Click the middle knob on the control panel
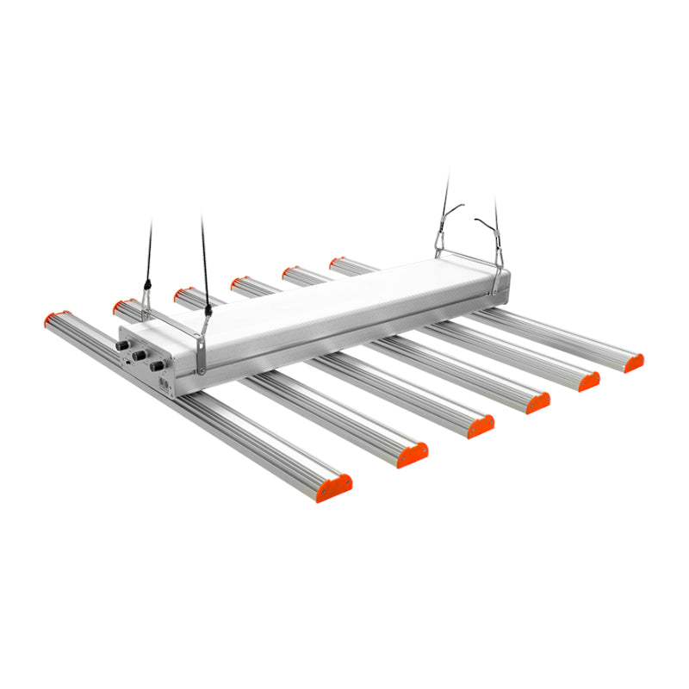(140, 355)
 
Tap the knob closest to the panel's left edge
(122, 345)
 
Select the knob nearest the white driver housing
(158, 366)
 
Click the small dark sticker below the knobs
(164, 382)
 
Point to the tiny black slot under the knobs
(128, 362)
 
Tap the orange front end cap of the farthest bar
(634, 363)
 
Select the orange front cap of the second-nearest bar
(413, 455)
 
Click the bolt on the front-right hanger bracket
(201, 370)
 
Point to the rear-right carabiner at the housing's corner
(499, 259)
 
